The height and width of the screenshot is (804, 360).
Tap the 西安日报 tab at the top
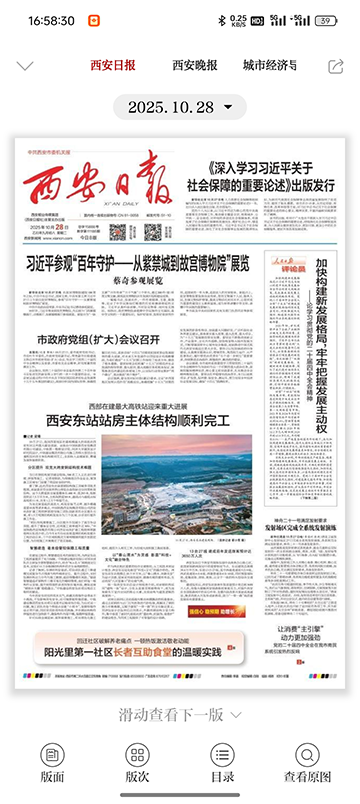(112, 66)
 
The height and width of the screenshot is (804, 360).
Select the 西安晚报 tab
(195, 66)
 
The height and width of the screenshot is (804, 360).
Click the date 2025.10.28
(171, 106)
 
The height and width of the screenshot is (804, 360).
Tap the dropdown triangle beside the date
(228, 106)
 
